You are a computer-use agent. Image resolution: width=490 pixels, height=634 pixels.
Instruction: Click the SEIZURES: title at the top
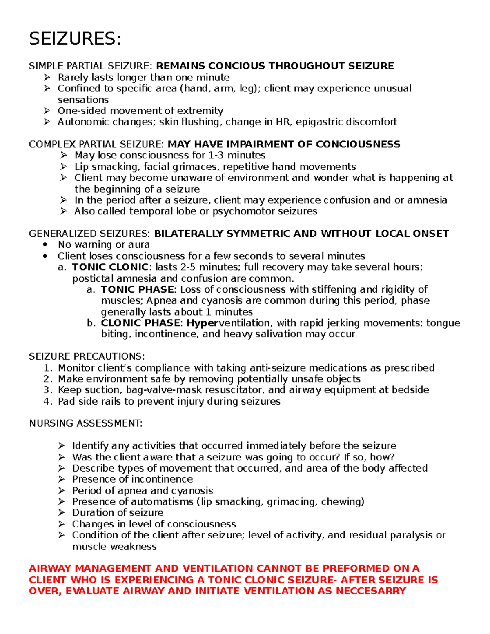pos(75,39)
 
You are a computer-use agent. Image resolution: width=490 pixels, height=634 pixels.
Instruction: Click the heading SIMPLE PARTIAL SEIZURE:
pos(91,66)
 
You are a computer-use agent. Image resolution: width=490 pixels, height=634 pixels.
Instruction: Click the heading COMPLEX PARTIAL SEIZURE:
pos(96,145)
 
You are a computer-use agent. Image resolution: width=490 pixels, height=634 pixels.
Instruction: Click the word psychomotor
pos(238,211)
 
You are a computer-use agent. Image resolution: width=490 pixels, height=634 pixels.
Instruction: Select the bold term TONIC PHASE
pos(137,290)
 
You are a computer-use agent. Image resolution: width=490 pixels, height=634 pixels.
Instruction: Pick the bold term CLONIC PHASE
pos(140,323)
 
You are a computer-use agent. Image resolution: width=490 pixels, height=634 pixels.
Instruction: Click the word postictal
pos(93,279)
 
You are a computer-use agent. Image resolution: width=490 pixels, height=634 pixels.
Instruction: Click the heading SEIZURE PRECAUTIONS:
pos(87,357)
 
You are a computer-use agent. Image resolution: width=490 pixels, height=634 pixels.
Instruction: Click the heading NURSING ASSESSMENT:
pos(86,424)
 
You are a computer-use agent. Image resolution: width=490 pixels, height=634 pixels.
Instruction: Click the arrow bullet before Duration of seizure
pos(61,513)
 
